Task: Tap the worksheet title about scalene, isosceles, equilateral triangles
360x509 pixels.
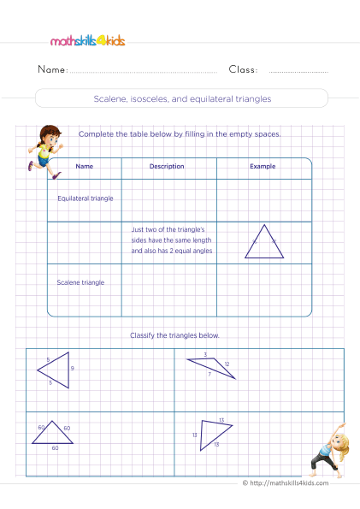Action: pos(180,98)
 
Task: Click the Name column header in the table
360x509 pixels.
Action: pos(84,167)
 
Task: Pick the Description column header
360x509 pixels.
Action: pos(167,167)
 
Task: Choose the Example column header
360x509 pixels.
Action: pos(262,167)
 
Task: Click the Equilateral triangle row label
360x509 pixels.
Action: pos(85,198)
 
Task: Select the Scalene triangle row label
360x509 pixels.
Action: pos(80,281)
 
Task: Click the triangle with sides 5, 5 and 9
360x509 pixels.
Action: pos(55,369)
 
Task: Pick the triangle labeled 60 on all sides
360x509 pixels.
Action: pos(52,433)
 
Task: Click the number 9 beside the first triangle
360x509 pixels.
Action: pos(73,369)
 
